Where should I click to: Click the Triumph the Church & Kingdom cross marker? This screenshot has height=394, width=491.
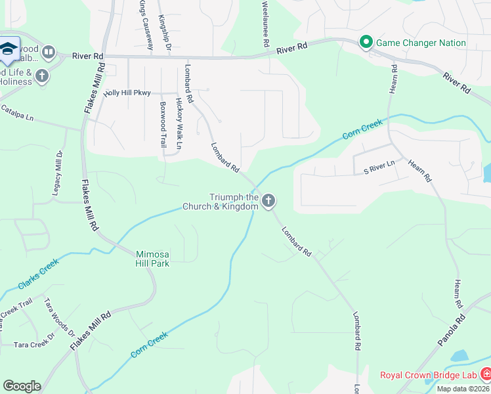[x=268, y=201]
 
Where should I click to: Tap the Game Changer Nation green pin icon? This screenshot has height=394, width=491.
[x=366, y=43]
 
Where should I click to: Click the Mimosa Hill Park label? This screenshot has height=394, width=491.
[x=152, y=259]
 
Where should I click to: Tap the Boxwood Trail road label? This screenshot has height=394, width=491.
[x=163, y=124]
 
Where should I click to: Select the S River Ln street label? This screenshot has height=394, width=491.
[x=379, y=163]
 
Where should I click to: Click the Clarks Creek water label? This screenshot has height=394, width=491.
[x=38, y=273]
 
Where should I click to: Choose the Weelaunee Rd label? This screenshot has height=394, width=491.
[x=266, y=24]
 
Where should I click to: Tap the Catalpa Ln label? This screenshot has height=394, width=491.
[x=16, y=112]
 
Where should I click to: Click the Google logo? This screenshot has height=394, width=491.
[x=22, y=386]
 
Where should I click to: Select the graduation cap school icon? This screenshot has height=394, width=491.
[x=9, y=49]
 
